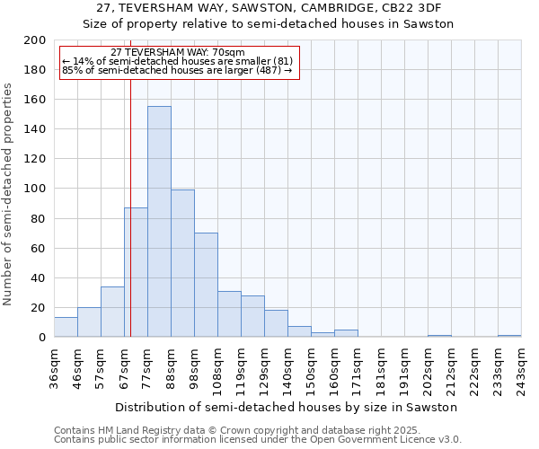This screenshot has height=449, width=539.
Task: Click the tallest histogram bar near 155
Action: pyautogui.click(x=159, y=222)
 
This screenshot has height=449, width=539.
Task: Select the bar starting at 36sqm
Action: pyautogui.click(x=66, y=327)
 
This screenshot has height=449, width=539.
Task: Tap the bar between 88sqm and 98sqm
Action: pyautogui.click(x=182, y=263)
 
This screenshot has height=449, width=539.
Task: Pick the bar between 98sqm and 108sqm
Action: pyautogui.click(x=206, y=285)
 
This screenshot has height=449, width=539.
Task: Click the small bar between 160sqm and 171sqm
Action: pyautogui.click(x=346, y=333)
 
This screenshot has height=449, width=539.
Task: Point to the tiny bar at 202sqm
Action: pyautogui.click(x=439, y=336)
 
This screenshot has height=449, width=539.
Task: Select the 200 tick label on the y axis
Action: pyautogui.click(x=35, y=40)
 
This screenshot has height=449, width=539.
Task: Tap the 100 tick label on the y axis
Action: pyautogui.click(x=35, y=189)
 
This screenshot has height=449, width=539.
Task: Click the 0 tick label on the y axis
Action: pyautogui.click(x=42, y=338)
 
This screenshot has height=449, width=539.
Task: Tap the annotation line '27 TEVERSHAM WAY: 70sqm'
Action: pyautogui.click(x=178, y=53)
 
